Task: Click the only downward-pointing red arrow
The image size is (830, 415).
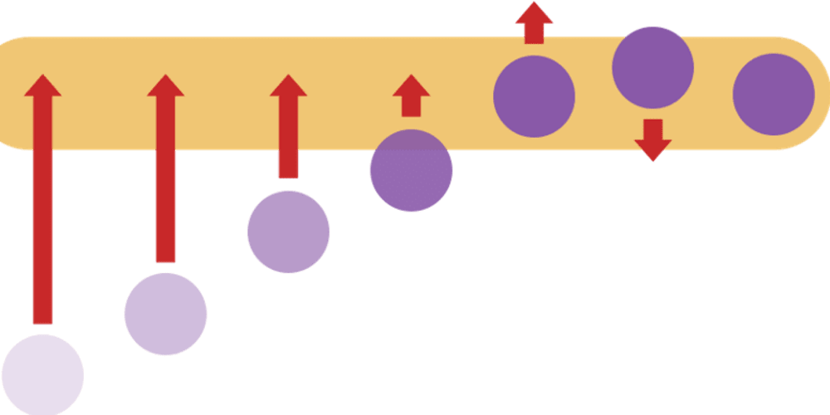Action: point(652,139)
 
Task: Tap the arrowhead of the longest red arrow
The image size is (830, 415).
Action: point(42,86)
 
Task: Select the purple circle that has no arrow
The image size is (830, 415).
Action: point(774,95)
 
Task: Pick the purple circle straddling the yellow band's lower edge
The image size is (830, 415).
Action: point(411,171)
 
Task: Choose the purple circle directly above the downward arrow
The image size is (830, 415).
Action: point(652,67)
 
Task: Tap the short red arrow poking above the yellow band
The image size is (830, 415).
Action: point(534,22)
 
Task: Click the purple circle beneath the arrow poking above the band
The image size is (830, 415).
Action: point(534,96)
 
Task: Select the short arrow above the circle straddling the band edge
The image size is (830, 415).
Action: point(411,95)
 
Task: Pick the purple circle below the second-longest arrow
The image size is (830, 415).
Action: point(165,314)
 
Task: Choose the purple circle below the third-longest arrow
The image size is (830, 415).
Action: point(288,232)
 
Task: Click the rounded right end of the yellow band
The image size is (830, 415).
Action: point(809,93)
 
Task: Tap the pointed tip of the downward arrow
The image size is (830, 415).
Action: point(652,159)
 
